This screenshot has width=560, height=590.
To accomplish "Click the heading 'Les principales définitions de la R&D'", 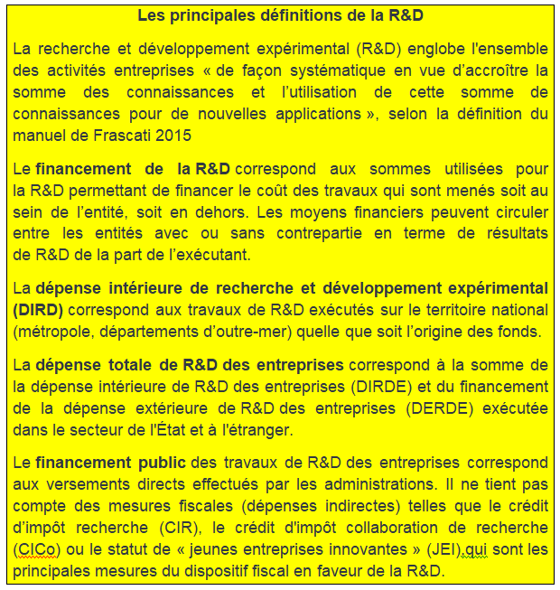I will tap(280, 16).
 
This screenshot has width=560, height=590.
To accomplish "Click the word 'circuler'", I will tap(519, 211).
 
